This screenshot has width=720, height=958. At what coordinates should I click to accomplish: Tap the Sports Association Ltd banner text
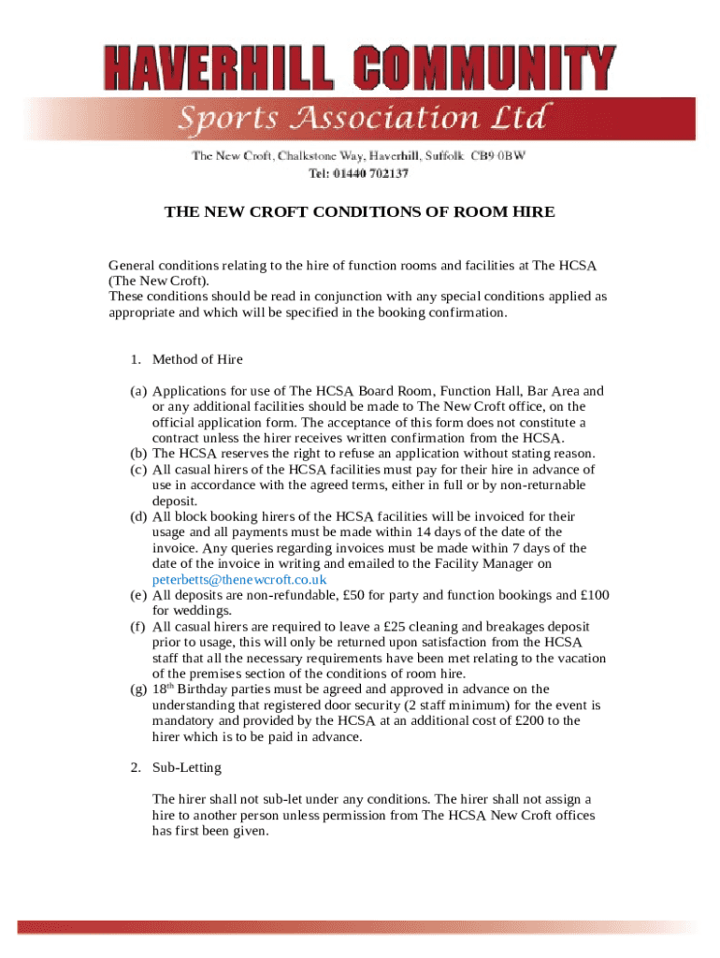pyautogui.click(x=361, y=120)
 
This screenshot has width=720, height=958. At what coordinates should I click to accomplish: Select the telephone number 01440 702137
pyautogui.click(x=372, y=173)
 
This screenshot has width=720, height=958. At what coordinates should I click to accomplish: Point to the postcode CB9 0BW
pyautogui.click(x=497, y=156)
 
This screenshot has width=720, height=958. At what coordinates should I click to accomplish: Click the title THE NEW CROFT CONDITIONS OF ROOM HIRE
pyautogui.click(x=359, y=212)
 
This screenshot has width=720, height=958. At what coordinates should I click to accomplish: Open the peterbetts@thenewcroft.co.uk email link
pyautogui.click(x=239, y=579)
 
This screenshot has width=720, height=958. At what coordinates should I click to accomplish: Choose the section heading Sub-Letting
pyautogui.click(x=187, y=767)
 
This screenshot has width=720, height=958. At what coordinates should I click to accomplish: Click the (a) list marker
pyautogui.click(x=137, y=391)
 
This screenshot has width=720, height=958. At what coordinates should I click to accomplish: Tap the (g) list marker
pyautogui.click(x=137, y=689)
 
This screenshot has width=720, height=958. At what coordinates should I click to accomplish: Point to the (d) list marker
pyautogui.click(x=137, y=516)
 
